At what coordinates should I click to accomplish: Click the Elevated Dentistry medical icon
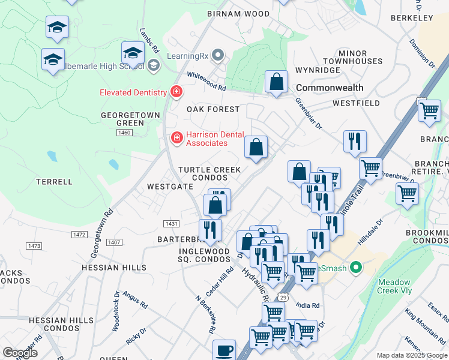click(x=176, y=92)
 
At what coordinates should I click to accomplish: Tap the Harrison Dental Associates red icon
click(x=177, y=139)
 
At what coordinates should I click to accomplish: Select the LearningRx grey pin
click(x=218, y=56)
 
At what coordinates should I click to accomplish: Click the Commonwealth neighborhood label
click(x=330, y=88)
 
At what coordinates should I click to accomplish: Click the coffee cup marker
click(x=224, y=349)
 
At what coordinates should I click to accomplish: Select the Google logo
click(x=20, y=353)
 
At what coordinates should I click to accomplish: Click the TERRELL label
click(x=54, y=182)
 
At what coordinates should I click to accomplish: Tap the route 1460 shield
click(x=125, y=133)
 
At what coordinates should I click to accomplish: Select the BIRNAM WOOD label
click(x=238, y=14)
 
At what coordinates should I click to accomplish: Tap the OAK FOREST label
click(x=212, y=110)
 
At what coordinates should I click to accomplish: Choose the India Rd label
click(x=307, y=305)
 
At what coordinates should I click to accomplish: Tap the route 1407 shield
click(x=114, y=242)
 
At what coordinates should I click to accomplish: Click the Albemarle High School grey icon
click(x=153, y=65)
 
